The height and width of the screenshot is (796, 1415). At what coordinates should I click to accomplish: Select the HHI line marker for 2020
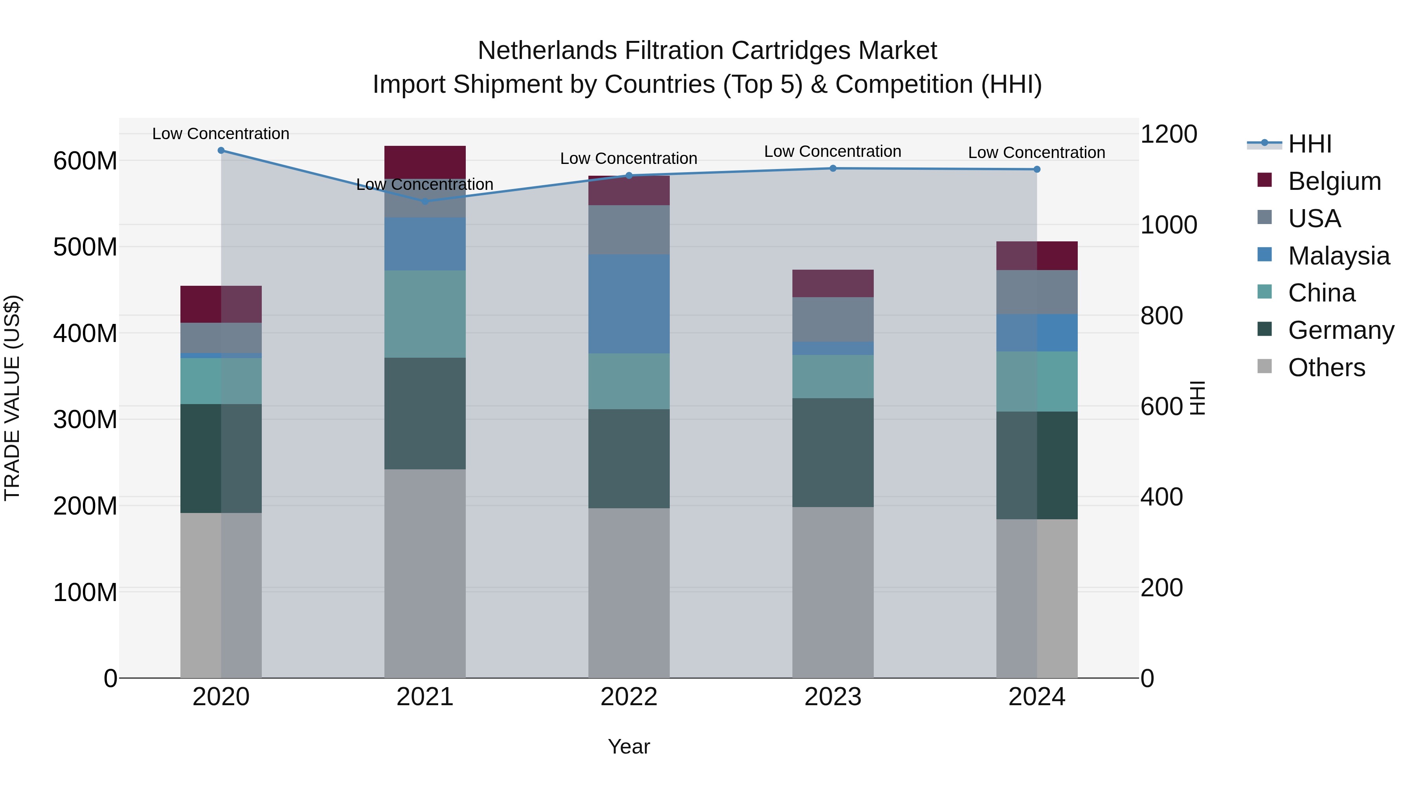pos(221,151)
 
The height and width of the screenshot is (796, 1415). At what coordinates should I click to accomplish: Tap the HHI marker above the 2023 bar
pos(833,169)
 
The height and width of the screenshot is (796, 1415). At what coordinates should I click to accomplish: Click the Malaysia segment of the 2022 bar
pos(629,304)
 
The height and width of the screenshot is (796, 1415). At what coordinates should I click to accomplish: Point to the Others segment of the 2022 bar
pos(629,593)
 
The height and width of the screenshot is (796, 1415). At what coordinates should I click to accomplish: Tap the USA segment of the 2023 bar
pos(833,319)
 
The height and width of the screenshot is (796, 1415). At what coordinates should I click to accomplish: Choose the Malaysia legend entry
pos(1339,256)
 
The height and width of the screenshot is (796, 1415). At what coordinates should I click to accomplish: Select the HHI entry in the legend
pos(1310,144)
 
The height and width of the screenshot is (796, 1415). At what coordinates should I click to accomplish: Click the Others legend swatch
pos(1264,366)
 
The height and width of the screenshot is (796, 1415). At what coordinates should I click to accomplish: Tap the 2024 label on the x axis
pos(1036,697)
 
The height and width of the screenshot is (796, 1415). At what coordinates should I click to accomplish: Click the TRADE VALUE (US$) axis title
pos(13,398)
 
